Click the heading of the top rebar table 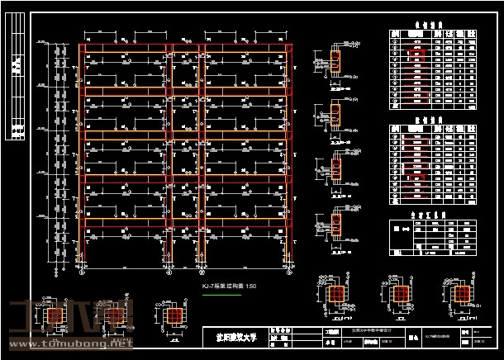point(431,25)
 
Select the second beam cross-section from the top point(336,115)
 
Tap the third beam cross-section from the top point(336,168)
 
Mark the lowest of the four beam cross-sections point(336,223)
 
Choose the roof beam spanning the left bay point(126,46)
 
